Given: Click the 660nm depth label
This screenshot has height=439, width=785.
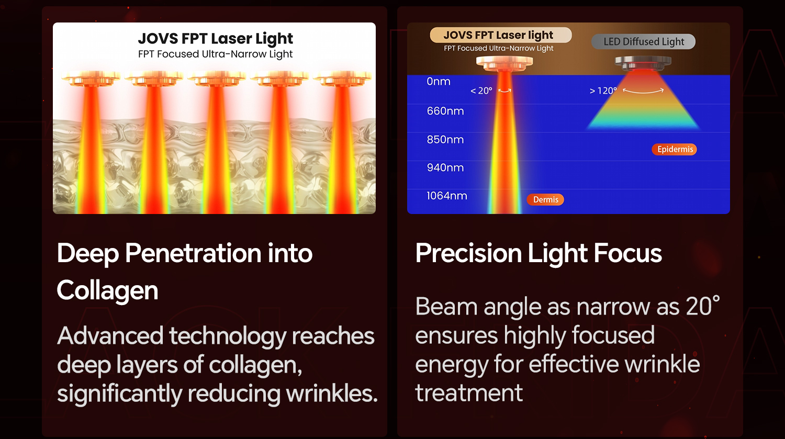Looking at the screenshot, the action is (x=445, y=111).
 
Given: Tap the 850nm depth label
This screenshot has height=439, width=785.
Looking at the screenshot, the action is (x=445, y=139).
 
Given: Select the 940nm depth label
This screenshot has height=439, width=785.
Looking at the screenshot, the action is (x=445, y=167).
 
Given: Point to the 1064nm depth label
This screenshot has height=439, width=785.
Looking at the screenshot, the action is (x=447, y=196).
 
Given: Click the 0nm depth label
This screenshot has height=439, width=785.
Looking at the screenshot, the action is (x=439, y=81).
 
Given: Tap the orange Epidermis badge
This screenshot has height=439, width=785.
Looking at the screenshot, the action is (x=674, y=149).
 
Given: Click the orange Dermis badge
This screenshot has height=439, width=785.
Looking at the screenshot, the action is (x=546, y=199).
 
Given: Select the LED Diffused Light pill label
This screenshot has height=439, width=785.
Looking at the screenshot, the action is (x=643, y=42).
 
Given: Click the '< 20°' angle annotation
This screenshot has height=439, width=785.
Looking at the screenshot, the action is (x=481, y=91).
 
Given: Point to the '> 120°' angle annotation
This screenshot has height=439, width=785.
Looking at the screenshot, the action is (x=603, y=91).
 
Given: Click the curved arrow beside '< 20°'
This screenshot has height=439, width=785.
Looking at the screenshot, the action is (x=504, y=91).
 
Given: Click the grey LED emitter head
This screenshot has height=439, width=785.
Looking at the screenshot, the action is (x=643, y=62).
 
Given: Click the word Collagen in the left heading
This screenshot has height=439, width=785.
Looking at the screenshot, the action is (x=107, y=291).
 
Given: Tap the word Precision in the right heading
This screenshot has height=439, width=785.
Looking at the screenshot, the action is (x=468, y=253).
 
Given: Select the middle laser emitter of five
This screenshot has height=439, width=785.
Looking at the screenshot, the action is (x=216, y=78).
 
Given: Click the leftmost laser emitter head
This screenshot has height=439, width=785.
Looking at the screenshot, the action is (x=91, y=78).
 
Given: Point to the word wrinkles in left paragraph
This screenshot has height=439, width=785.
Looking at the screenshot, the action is (x=331, y=393).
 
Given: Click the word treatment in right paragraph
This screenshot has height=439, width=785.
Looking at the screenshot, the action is (x=469, y=393).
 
